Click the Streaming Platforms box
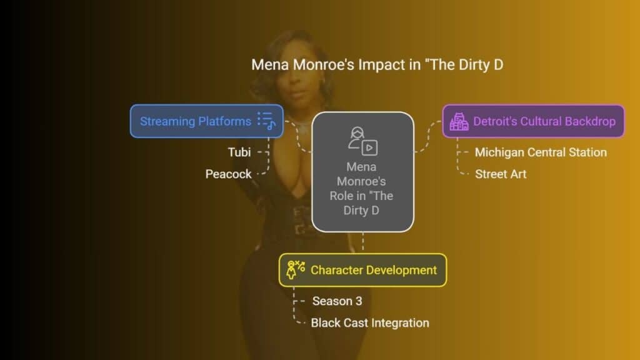[x=206, y=121]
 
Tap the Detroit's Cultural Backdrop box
[x=533, y=121]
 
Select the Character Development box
[x=363, y=270]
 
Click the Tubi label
[x=239, y=152]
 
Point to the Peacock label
[x=228, y=174]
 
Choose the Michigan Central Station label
[x=541, y=152]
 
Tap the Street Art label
[x=501, y=174]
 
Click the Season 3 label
[x=337, y=301]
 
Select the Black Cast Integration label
[x=370, y=323]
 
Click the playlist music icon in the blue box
[x=266, y=121]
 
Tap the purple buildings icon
[x=459, y=121]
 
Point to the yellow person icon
[x=296, y=270]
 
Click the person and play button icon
[x=362, y=141]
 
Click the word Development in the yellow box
[x=402, y=270]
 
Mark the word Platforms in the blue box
[x=224, y=121]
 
